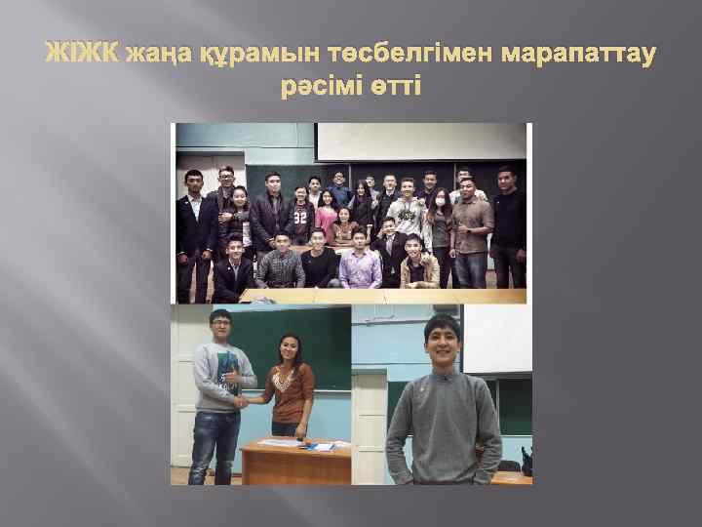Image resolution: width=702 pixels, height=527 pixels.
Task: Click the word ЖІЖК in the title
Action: coord(82,52)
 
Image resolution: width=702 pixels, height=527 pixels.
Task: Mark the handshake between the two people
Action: coord(240,400)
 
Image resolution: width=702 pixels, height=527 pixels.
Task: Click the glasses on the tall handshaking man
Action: coord(220,324)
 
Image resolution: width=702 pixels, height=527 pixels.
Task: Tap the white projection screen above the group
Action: coord(419,141)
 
